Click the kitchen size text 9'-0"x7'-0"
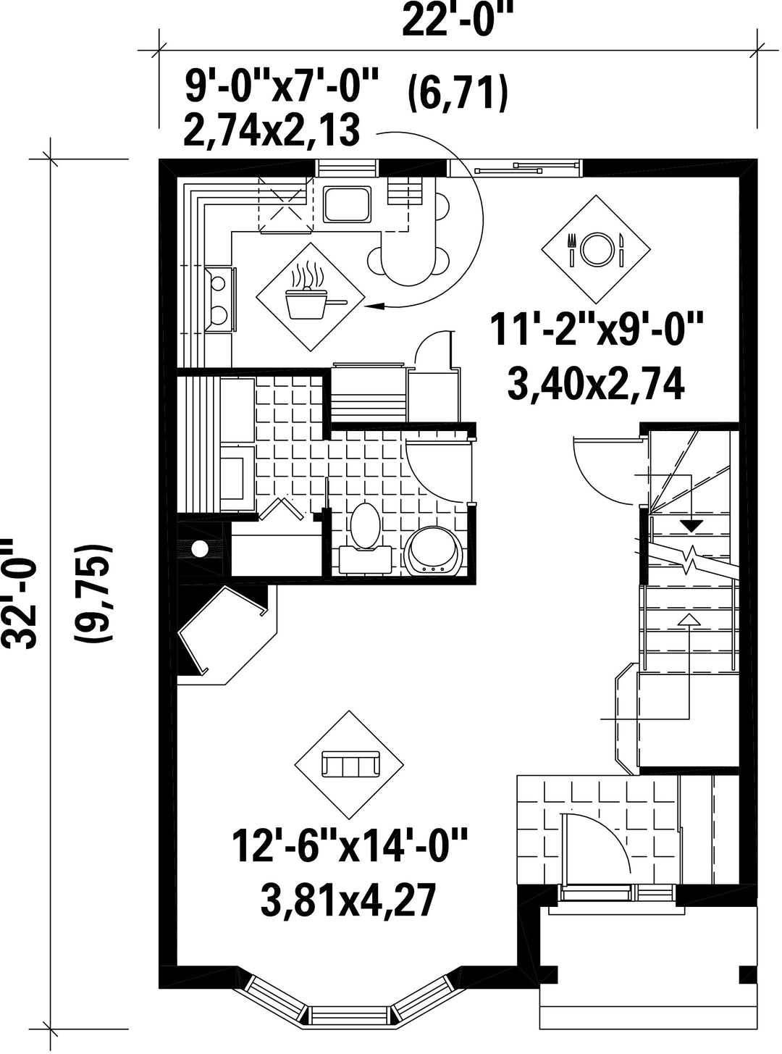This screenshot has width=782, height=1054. (x=281, y=86)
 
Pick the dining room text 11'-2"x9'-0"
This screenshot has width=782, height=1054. (x=596, y=329)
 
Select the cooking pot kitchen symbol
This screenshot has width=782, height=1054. (x=311, y=297)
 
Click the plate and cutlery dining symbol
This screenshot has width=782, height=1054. (x=596, y=249)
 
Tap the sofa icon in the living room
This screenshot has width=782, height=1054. (x=349, y=764)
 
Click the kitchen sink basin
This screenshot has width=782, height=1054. (x=348, y=204)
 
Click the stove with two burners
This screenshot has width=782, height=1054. (x=220, y=298)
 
